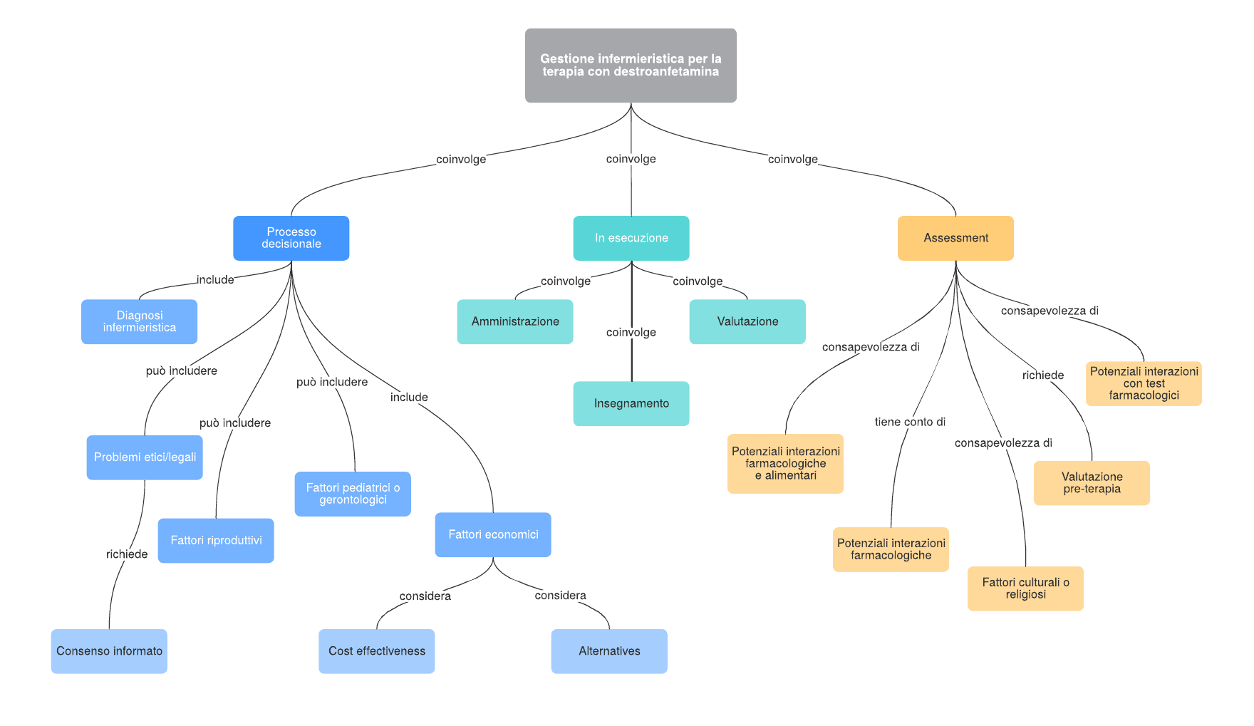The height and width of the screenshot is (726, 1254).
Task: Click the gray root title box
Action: tap(631, 66)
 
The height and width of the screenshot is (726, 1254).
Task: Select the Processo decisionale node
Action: tap(291, 238)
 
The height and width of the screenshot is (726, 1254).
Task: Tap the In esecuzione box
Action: tap(631, 238)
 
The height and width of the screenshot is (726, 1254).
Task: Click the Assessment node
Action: tap(955, 238)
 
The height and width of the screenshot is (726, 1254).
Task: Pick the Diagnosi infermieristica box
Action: tap(140, 321)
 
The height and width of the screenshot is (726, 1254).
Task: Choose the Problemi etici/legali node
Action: tap(145, 457)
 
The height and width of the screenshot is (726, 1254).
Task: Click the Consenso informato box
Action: tap(109, 651)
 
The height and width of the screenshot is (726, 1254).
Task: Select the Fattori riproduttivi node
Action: tap(216, 541)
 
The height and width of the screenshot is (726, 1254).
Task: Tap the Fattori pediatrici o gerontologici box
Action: tap(353, 494)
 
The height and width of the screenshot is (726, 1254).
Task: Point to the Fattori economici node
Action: tap(493, 534)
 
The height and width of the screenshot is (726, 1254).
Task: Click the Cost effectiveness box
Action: tap(377, 651)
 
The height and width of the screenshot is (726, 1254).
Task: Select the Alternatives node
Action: tap(609, 651)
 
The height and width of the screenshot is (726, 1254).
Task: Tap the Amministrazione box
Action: tap(515, 322)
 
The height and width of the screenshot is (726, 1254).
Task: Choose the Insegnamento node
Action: tap(631, 404)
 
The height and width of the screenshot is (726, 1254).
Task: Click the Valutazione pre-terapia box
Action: tap(1092, 483)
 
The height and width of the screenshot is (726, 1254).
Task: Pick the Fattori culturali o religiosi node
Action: tap(1025, 588)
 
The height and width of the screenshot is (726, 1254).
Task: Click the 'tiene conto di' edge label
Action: tap(910, 422)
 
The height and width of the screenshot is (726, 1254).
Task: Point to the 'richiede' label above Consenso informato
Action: tap(127, 554)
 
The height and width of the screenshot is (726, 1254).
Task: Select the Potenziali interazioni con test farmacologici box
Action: tap(1144, 383)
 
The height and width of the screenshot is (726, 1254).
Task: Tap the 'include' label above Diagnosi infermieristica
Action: tap(215, 280)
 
